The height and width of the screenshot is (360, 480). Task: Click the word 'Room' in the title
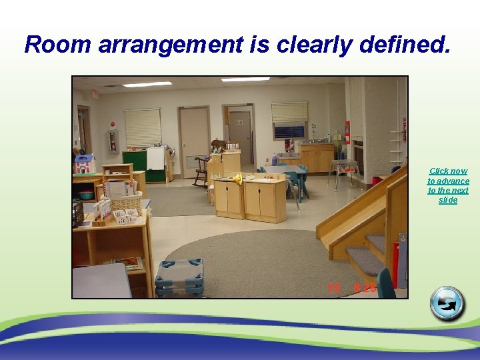[x=58, y=45]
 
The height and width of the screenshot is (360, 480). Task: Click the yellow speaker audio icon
[x=237, y=178]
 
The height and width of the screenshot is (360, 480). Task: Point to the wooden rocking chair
[x=201, y=170]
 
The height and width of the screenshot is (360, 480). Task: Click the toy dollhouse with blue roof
[x=85, y=163]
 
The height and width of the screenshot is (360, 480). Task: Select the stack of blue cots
[x=179, y=277]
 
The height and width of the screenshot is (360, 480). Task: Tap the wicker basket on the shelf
[x=126, y=202]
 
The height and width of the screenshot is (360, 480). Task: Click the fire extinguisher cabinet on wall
[x=113, y=141]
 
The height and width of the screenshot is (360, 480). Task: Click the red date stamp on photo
[x=351, y=289]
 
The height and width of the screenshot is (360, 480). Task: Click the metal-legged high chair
[x=344, y=169]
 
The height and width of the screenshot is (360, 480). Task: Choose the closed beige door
[x=194, y=141]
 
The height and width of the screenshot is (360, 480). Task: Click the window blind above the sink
[x=289, y=112]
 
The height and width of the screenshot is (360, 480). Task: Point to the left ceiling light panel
[x=147, y=85]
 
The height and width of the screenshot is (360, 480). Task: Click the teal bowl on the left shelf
[x=86, y=195]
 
